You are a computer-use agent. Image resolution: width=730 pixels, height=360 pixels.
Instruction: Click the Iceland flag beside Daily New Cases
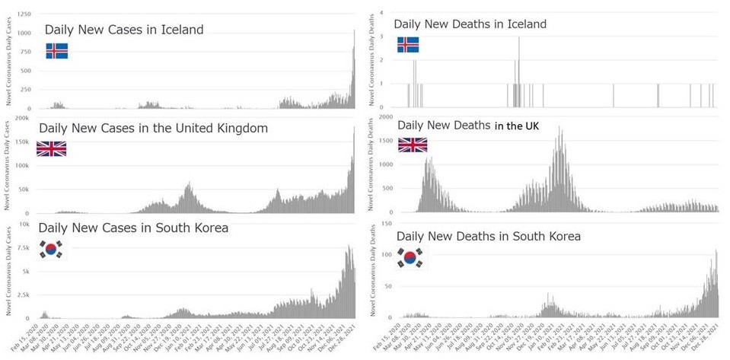click(x=57, y=51)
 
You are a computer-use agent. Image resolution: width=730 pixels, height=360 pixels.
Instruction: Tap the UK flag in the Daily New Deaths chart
click(x=413, y=145)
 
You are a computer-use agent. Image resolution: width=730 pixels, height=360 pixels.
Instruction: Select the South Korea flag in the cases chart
click(x=52, y=249)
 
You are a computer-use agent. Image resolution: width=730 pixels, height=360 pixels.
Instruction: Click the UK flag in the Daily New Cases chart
click(x=51, y=148)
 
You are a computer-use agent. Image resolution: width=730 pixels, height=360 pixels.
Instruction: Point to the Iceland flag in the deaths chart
click(x=408, y=45)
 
